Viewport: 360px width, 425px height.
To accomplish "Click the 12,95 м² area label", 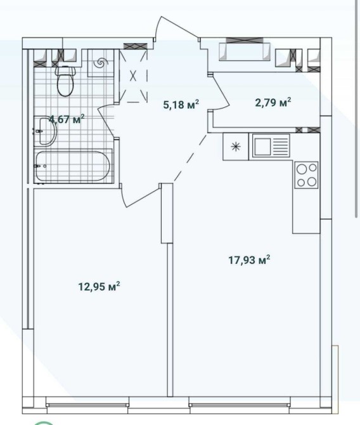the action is [99, 286].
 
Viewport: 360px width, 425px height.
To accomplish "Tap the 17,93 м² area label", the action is [249, 259].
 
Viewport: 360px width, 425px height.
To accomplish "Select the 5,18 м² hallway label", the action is [181, 105].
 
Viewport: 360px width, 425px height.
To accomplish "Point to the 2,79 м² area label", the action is [273, 103].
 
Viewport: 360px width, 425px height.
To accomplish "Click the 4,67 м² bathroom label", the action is [67, 119].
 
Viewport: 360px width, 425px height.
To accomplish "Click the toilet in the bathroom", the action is [65, 81].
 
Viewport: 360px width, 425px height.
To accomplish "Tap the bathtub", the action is [73, 166].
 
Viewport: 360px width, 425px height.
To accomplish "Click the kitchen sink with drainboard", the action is [271, 146].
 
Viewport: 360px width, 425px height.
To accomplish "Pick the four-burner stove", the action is [307, 175].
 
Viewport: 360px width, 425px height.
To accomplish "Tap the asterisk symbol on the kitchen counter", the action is [236, 147].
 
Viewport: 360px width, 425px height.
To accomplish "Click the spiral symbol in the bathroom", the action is [101, 63].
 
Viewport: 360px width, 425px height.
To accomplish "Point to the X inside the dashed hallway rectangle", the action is [133, 75].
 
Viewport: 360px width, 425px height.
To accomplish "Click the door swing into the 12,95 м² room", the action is [138, 197].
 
